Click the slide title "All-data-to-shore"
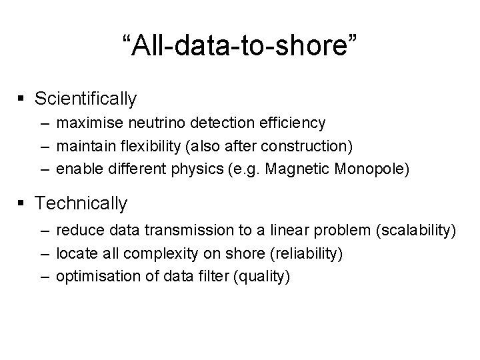coord(240,46)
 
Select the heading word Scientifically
coord(86,99)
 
